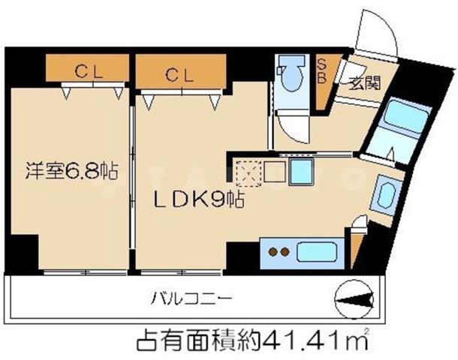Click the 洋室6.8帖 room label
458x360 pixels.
(71, 171)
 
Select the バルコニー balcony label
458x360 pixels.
(191, 298)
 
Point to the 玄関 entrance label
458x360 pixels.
(365, 83)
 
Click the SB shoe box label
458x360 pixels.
(321, 71)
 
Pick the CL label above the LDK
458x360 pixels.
(179, 75)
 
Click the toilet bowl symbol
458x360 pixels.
(291, 74)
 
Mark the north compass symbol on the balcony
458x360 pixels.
(354, 300)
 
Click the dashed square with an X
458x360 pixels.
(249, 173)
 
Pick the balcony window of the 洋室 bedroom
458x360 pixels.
(85, 273)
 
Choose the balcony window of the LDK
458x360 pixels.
(181, 273)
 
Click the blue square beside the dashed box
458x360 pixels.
(301, 172)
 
